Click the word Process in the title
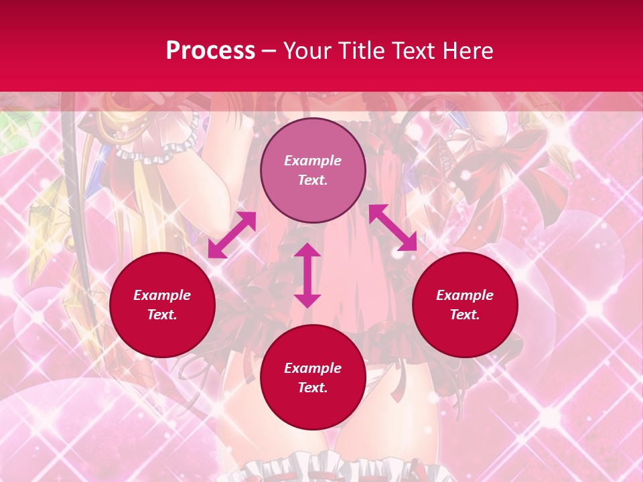tap(210, 51)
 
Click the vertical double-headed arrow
tap(307, 275)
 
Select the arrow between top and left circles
tap(232, 235)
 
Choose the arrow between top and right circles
tap(392, 228)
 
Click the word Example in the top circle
tap(313, 161)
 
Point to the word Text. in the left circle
tap(162, 315)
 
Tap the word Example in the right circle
tap(465, 295)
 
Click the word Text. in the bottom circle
tap(313, 388)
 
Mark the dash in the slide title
tap(269, 51)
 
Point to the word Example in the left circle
tap(162, 295)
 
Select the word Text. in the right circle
tap(465, 315)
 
